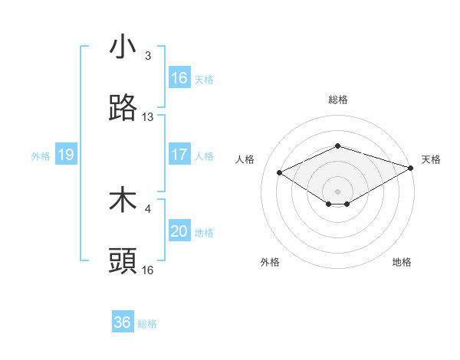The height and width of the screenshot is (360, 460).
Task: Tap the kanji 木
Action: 123,200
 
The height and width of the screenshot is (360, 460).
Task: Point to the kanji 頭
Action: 123,261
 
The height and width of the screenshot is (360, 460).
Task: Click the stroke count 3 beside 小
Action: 148,56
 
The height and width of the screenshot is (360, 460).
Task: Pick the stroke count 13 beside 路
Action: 148,117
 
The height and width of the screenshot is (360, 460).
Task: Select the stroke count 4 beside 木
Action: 148,208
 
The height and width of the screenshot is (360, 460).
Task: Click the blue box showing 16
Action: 179,78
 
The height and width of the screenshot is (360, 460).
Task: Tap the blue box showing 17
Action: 179,155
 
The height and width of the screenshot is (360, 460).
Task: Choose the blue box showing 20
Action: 179,231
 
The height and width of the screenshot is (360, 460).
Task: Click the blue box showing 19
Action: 66,155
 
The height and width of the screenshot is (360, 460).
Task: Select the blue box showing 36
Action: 123,322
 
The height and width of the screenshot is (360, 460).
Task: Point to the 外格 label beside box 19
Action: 41,155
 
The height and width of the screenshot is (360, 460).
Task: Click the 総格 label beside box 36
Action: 147,324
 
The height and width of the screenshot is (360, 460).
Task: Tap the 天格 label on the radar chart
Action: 431,159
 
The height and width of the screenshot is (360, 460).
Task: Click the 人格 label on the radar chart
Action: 245,159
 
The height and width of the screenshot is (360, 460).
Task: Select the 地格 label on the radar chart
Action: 402,262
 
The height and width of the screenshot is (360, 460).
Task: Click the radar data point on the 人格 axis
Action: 280,172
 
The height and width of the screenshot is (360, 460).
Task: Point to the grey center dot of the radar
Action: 337,191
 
